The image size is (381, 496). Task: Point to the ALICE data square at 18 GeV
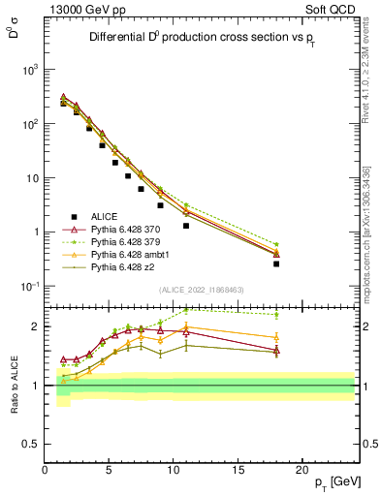pos(276,263)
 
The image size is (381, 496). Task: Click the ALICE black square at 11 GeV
pos(186,226)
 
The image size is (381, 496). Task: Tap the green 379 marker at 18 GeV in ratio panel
pos(276,315)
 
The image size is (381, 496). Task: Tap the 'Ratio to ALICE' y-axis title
pos(13,385)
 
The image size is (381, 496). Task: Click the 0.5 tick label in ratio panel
pos(31,444)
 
